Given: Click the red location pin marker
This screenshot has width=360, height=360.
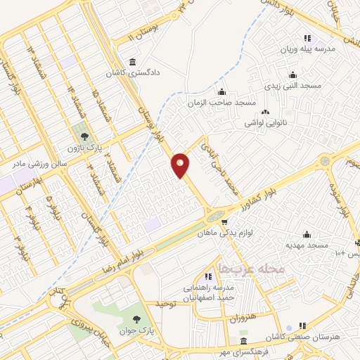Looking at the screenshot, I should (x=181, y=165).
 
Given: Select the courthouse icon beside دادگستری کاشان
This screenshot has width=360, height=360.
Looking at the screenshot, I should (x=134, y=60).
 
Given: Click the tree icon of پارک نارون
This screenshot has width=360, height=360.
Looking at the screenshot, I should (x=85, y=136).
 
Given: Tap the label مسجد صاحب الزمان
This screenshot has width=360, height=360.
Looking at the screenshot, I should (x=221, y=103).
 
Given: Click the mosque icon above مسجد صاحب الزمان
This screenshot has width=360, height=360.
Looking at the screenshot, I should (x=222, y=91).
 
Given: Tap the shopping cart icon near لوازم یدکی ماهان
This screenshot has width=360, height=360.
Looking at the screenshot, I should (x=224, y=219).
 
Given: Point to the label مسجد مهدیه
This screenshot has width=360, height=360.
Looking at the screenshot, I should (x=307, y=245).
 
